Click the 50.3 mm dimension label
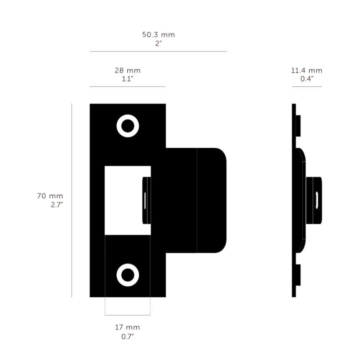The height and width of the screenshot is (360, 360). tap(158, 35)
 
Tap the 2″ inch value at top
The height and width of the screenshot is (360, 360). tap(158, 44)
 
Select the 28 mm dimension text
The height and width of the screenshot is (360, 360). tap(127, 70)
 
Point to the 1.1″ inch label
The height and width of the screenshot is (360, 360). tap(127, 79)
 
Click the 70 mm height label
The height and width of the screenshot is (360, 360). tap(50, 196)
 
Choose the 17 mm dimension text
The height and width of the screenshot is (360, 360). tap(127, 327)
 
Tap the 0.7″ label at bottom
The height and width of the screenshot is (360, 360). tap(127, 337)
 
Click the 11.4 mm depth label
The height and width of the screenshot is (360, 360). tap(307, 71)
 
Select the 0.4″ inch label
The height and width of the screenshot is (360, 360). tap(307, 79)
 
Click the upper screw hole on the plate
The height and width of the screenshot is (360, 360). tap(128, 126)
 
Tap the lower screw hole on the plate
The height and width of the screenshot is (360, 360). tap(128, 275)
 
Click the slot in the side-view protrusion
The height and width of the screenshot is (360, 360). tap(317, 200)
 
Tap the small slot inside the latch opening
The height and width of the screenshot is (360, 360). tap(145, 200)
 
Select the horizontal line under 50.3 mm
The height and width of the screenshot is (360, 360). tap(158, 51)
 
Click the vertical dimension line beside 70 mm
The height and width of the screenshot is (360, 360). tap(72, 200)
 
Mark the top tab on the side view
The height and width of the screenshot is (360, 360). tap(298, 126)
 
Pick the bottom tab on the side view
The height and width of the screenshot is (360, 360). tap(298, 275)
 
